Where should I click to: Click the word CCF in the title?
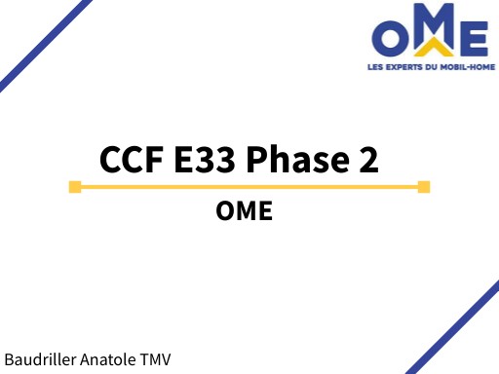[x=132, y=158]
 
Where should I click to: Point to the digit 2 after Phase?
[x=367, y=158]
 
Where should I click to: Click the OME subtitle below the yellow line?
[x=245, y=211]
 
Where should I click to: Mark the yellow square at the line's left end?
[x=75, y=186]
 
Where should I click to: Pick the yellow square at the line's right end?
[x=423, y=186]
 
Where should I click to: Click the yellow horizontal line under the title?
[x=249, y=186]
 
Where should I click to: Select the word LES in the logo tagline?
[x=379, y=66]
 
